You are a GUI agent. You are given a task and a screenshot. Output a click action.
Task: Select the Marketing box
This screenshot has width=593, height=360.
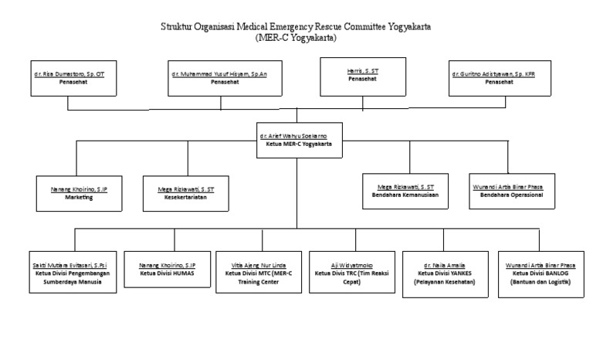[79, 192]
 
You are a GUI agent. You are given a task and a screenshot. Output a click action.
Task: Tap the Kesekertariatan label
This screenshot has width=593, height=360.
[186, 197]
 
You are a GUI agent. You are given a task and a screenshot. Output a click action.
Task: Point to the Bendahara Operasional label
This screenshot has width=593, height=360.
[508, 195]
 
